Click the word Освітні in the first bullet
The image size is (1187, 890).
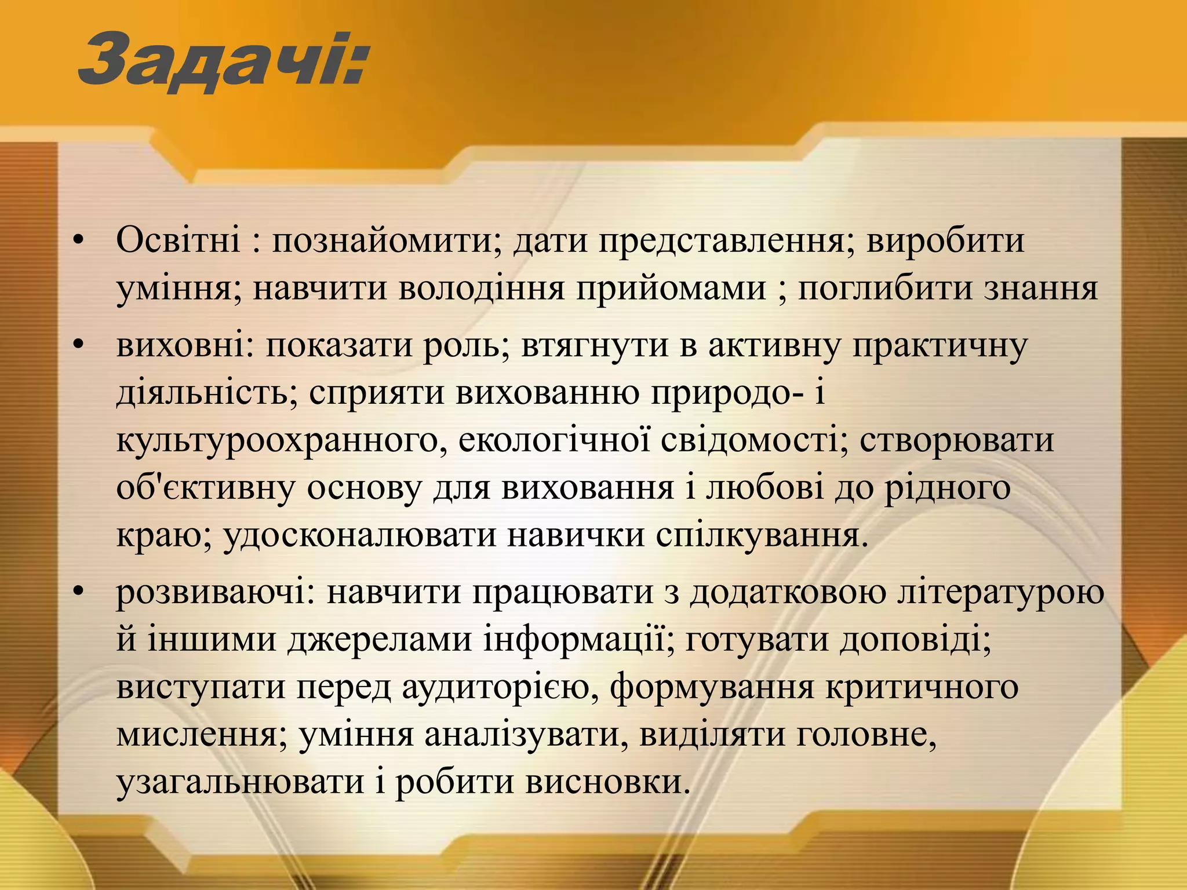tap(178, 240)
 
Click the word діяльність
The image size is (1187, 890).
tap(207, 393)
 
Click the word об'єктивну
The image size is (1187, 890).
tap(205, 488)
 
